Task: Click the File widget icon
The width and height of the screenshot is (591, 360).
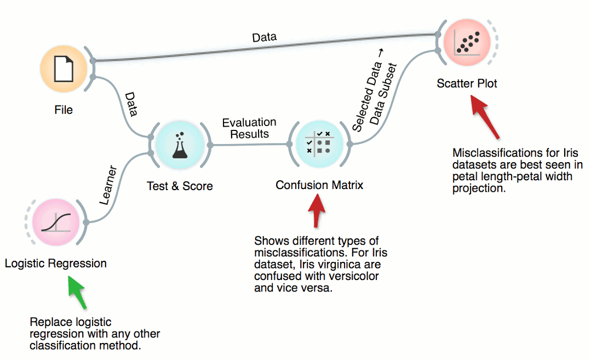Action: click(x=64, y=69)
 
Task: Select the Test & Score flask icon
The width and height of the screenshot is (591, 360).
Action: click(x=179, y=146)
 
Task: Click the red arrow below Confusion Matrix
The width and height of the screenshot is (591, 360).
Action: click(x=317, y=211)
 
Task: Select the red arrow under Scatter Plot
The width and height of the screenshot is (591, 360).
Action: click(x=486, y=117)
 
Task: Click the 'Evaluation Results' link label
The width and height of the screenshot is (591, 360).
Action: click(x=249, y=128)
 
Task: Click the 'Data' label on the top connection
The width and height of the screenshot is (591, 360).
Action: click(x=264, y=38)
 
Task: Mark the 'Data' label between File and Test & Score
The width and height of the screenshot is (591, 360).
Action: click(x=131, y=104)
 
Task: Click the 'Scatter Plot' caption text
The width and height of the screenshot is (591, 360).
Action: click(x=467, y=84)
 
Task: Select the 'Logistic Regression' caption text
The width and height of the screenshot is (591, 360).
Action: click(x=55, y=264)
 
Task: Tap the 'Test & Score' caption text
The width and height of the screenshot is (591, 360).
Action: click(x=180, y=186)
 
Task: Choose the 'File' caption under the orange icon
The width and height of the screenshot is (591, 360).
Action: click(x=64, y=110)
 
